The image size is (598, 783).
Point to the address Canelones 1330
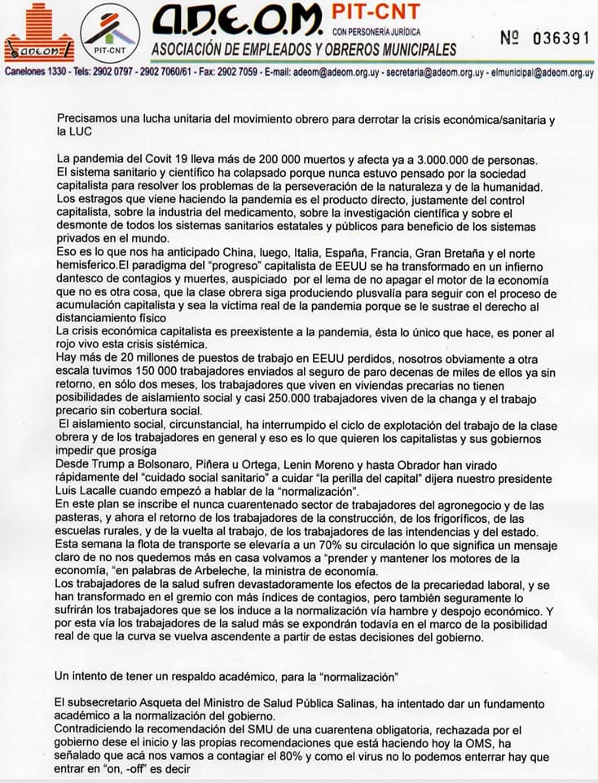pyautogui.click(x=37, y=72)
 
